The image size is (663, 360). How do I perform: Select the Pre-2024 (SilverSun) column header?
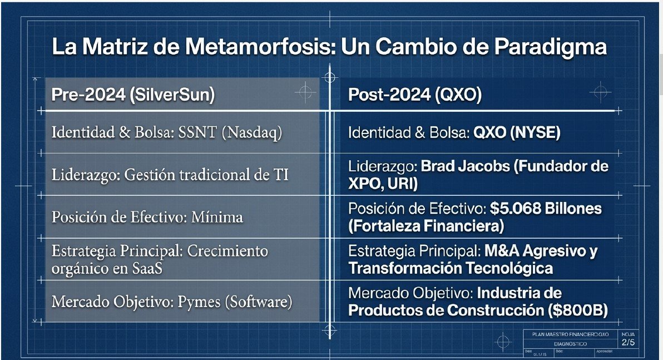pyautogui.click(x=132, y=95)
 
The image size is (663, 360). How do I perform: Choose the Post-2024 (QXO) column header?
pyautogui.click(x=415, y=95)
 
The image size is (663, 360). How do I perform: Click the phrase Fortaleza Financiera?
pyautogui.click(x=426, y=226)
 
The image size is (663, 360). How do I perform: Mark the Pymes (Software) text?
pyautogui.click(x=235, y=302)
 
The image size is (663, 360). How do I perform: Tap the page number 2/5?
pyautogui.click(x=628, y=342)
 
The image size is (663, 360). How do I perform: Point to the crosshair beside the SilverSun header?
pyautogui.click(x=305, y=92)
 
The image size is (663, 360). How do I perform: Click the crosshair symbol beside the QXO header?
pyautogui.click(x=599, y=91)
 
